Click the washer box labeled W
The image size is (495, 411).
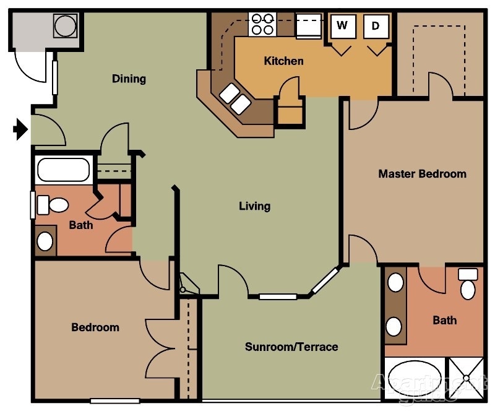click(x=342, y=26)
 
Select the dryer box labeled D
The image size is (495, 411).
click(x=376, y=26)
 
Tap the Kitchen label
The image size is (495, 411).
click(x=283, y=61)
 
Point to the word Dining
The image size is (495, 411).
click(x=129, y=79)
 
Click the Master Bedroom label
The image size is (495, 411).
click(x=422, y=173)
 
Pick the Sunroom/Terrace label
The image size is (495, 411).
click(x=291, y=347)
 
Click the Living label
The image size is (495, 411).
click(x=254, y=205)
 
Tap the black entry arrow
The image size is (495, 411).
click(x=20, y=129)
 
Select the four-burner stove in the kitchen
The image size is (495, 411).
click(x=262, y=24)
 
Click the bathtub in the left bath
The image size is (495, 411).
click(x=63, y=170)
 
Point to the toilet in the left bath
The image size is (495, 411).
click(x=53, y=204)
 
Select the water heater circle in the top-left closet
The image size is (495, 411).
click(x=64, y=25)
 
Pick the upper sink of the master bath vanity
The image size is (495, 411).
click(x=395, y=283)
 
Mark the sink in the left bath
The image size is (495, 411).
click(x=45, y=241)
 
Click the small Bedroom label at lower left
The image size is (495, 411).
click(x=95, y=327)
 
